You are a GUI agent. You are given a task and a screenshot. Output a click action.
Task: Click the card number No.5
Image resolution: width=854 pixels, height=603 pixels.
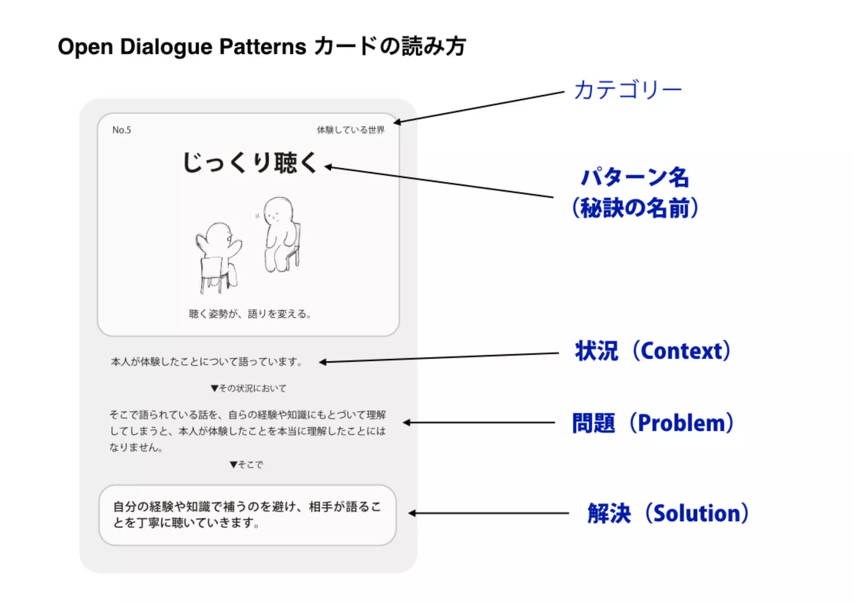point(121,130)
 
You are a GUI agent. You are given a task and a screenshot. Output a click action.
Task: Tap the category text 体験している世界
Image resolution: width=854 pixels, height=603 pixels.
point(350,130)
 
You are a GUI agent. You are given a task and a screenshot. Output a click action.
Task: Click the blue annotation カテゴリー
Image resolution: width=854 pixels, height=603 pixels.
point(628,90)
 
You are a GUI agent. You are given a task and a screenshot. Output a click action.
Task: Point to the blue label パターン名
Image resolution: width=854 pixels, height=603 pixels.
point(635,177)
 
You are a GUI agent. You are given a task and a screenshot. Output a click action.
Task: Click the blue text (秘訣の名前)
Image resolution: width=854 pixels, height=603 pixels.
point(635,208)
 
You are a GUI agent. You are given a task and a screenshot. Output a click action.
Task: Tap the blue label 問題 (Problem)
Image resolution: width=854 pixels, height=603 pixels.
point(653,423)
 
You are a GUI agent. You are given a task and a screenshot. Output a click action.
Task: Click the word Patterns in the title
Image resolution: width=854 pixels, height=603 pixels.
point(263,47)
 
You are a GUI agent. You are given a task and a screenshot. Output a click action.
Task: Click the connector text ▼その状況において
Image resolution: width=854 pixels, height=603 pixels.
point(249,388)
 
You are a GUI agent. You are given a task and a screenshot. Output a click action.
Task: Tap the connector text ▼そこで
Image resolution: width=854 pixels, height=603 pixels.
point(246,465)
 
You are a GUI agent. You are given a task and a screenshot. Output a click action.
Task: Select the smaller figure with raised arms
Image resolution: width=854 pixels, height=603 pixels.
point(218,254)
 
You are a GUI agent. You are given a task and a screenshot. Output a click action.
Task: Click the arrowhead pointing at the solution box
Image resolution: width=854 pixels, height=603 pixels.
point(412,513)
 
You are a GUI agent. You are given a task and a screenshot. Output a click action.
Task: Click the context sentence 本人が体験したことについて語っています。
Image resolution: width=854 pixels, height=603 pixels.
point(207,362)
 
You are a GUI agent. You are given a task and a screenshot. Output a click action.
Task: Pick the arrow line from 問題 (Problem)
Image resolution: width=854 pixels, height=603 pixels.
point(480,423)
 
